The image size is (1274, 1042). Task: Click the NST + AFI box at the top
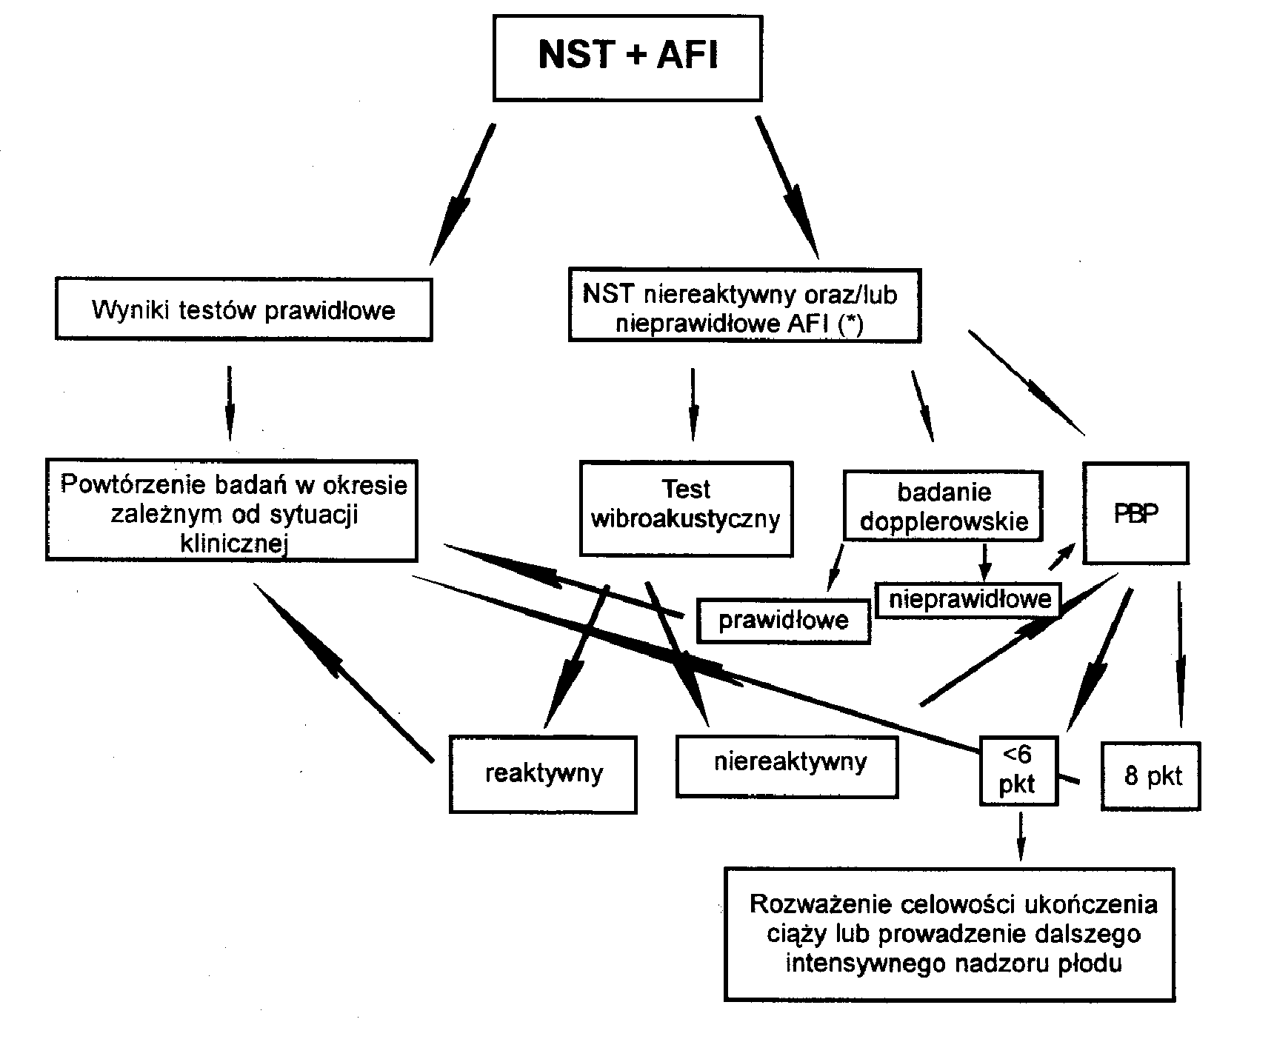(627, 58)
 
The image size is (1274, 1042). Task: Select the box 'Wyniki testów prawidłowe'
(244, 309)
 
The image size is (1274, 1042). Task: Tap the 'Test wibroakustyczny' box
(687, 509)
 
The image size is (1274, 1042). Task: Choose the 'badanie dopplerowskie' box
(943, 506)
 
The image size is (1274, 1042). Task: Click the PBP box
(1136, 514)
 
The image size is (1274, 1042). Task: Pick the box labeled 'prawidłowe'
(784, 620)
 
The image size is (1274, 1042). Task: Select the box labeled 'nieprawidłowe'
(969, 599)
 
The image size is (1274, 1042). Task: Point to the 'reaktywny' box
(544, 775)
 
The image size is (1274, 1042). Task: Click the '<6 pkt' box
(1018, 771)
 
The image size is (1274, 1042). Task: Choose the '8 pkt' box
(1151, 776)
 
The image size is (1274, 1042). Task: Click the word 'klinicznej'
(234, 544)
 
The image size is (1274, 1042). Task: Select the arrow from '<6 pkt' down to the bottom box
(1021, 836)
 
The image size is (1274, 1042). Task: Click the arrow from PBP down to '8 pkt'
(1179, 655)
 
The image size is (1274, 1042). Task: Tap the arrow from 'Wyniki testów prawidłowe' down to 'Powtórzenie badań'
(230, 403)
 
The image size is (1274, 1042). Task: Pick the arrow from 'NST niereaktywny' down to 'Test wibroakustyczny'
(693, 404)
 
